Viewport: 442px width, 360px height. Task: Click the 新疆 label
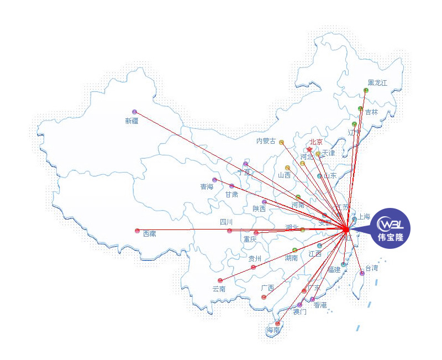coord(131,121)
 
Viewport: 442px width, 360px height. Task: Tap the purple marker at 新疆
coord(134,112)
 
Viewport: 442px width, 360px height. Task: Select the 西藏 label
coord(149,234)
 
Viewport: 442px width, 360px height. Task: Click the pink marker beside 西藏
coord(137,231)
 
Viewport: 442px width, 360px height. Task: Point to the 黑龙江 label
coord(377,83)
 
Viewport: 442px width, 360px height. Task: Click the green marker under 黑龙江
coord(366,90)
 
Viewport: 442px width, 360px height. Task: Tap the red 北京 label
coord(315,142)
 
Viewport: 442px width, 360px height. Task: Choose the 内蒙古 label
coord(266,141)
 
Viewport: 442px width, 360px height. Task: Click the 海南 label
coord(273,331)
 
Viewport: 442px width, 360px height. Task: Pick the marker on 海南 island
coord(278,324)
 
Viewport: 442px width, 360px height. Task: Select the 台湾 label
coord(371,268)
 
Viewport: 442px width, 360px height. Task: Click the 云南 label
coord(219,289)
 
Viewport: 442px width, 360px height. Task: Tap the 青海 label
coord(207,187)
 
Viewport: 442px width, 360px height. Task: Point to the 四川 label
coord(227,222)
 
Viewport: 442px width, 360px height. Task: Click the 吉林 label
coord(371,112)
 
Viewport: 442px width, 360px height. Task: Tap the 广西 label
coord(267,288)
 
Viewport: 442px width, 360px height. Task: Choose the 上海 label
coord(364,217)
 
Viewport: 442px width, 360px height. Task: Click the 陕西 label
coord(259,209)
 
